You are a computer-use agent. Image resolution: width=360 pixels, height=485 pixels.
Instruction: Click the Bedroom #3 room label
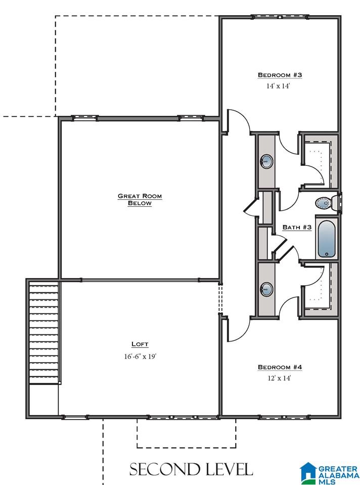(x=280, y=75)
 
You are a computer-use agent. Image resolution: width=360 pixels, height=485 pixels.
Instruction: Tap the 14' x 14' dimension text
(x=278, y=86)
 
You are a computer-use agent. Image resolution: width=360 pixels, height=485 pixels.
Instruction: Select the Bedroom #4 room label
(x=280, y=367)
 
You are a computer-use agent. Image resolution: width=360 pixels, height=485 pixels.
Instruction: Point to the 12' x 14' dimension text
(x=279, y=378)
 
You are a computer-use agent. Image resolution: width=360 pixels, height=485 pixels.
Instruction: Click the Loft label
(x=140, y=344)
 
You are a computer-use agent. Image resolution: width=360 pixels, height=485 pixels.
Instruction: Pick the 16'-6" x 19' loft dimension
(x=140, y=357)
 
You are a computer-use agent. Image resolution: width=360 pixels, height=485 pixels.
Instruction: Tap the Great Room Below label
(x=140, y=199)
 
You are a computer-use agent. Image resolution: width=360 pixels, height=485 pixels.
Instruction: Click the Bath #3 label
(x=297, y=228)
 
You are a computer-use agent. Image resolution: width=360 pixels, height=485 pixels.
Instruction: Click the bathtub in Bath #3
(x=327, y=239)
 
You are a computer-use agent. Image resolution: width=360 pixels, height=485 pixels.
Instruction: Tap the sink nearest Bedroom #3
(x=266, y=161)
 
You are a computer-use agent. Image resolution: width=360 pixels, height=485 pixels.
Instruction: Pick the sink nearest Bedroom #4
(x=266, y=289)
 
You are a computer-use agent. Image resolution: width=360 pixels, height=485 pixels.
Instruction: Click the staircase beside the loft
(x=44, y=332)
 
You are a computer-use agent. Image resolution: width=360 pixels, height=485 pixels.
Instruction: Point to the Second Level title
(x=191, y=469)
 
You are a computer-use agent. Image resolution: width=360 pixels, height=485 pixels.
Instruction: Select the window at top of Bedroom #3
(x=280, y=17)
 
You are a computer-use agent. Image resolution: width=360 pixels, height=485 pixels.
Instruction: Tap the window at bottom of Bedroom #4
(x=284, y=417)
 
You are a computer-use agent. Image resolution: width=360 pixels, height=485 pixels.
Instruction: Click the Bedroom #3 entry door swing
(x=238, y=122)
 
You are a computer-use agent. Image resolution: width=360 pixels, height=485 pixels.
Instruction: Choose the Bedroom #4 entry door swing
(x=238, y=329)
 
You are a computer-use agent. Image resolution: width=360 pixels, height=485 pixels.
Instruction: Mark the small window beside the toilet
(x=340, y=203)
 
